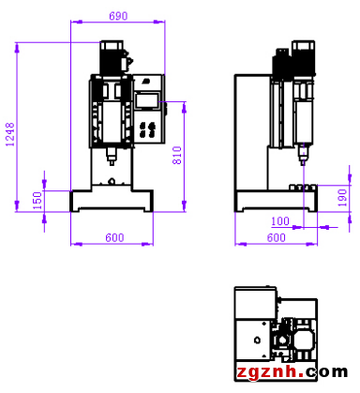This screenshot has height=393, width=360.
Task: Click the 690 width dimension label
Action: (118, 16)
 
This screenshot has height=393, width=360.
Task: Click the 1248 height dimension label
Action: (10, 134)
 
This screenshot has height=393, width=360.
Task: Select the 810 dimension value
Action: (177, 156)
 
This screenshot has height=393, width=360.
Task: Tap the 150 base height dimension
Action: (37, 201)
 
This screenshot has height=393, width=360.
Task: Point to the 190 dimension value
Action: (342, 197)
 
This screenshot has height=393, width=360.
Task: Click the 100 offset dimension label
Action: (280, 221)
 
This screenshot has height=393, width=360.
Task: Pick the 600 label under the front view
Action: (114, 238)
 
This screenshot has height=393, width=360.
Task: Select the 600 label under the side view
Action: (276, 238)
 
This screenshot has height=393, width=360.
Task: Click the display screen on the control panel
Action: (147, 100)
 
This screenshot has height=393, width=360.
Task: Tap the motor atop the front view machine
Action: (112, 57)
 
